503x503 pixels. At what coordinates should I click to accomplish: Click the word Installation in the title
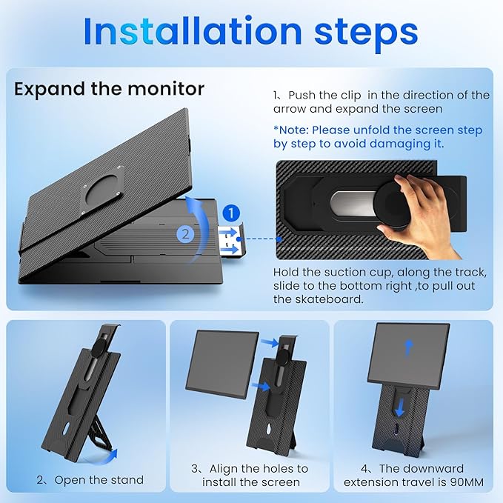(x=193, y=31)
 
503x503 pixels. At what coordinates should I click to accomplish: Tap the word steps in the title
(x=366, y=34)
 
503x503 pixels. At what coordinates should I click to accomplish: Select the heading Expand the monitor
(x=109, y=89)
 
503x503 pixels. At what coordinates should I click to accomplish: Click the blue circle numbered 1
(x=231, y=213)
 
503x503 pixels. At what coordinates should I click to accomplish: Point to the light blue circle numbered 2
(x=185, y=234)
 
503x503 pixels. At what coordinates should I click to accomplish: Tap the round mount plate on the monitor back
(x=101, y=190)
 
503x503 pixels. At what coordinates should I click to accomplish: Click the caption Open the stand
(x=99, y=479)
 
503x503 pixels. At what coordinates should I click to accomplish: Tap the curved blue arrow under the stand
(x=103, y=458)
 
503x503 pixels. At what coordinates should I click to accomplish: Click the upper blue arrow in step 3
(x=270, y=342)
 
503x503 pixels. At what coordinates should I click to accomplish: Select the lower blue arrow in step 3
(x=260, y=386)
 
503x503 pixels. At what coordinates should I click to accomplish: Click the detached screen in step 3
(x=222, y=363)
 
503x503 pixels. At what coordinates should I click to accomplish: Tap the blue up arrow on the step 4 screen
(x=408, y=348)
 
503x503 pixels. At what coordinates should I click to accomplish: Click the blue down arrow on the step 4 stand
(x=399, y=407)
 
